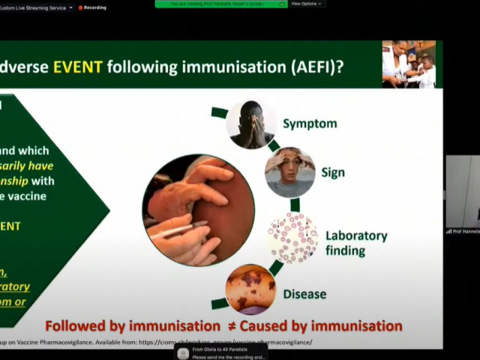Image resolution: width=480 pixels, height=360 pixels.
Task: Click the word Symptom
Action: tap(310, 124)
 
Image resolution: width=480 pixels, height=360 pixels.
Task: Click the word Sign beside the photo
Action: tap(333, 172)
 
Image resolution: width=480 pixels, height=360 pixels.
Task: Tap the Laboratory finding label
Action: tap(355, 242)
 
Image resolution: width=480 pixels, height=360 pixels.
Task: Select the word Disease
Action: tap(304, 294)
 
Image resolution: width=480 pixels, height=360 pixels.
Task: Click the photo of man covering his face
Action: tap(251, 124)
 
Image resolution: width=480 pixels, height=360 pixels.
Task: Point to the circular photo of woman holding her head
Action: tap(290, 172)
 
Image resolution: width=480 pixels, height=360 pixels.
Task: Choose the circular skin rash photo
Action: tap(250, 289)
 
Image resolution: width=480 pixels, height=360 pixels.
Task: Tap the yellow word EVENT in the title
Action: tap(77, 66)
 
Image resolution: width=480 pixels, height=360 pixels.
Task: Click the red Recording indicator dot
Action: tap(80, 7)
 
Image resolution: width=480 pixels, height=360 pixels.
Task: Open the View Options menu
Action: tap(305, 4)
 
